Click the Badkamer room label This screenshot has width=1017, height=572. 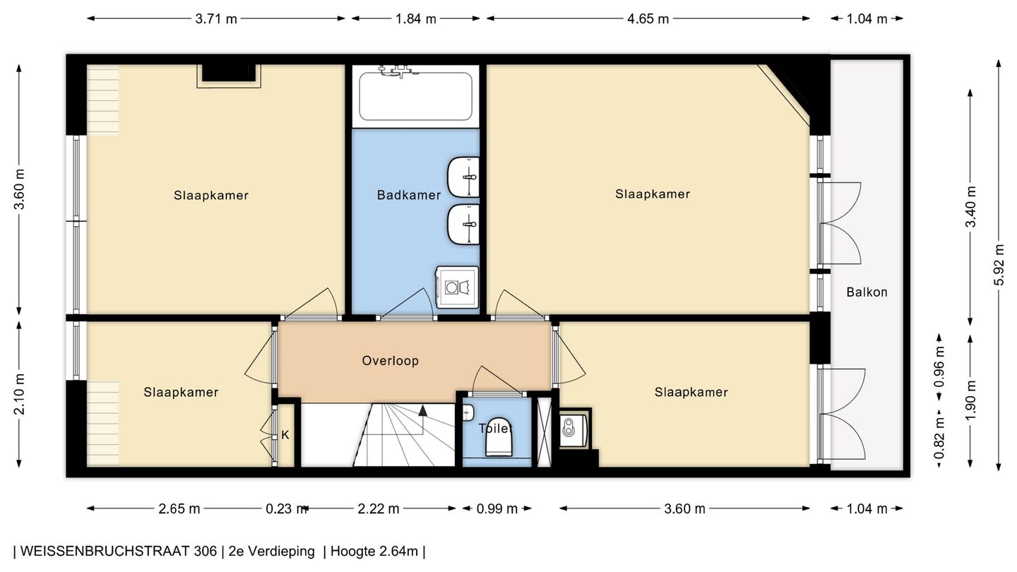pyautogui.click(x=409, y=195)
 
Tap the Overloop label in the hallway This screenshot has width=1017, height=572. pyautogui.click(x=390, y=361)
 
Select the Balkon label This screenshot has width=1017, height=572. pyautogui.click(x=867, y=292)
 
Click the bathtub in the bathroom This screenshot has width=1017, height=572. pyautogui.click(x=415, y=96)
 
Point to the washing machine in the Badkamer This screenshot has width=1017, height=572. pyautogui.click(x=457, y=287)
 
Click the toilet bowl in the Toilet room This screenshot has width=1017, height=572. pyautogui.click(x=499, y=436)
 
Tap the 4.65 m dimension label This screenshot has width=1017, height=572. pyautogui.click(x=648, y=19)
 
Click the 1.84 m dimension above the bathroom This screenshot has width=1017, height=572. pyautogui.click(x=415, y=19)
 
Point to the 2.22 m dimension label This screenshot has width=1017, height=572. pyautogui.click(x=379, y=509)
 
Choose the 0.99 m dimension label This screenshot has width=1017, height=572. pyautogui.click(x=496, y=509)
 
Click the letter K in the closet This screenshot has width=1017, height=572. pyautogui.click(x=285, y=435)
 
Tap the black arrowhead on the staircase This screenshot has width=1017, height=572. pyautogui.click(x=422, y=411)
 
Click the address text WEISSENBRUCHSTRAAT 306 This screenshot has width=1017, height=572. pyautogui.click(x=119, y=552)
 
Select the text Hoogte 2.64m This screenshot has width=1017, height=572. pyautogui.click(x=374, y=552)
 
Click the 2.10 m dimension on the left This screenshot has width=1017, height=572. pyautogui.click(x=19, y=395)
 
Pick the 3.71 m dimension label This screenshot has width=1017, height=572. pyautogui.click(x=216, y=19)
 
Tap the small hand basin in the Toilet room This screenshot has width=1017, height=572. pyautogui.click(x=468, y=413)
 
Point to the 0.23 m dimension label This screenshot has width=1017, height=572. pyautogui.click(x=285, y=509)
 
